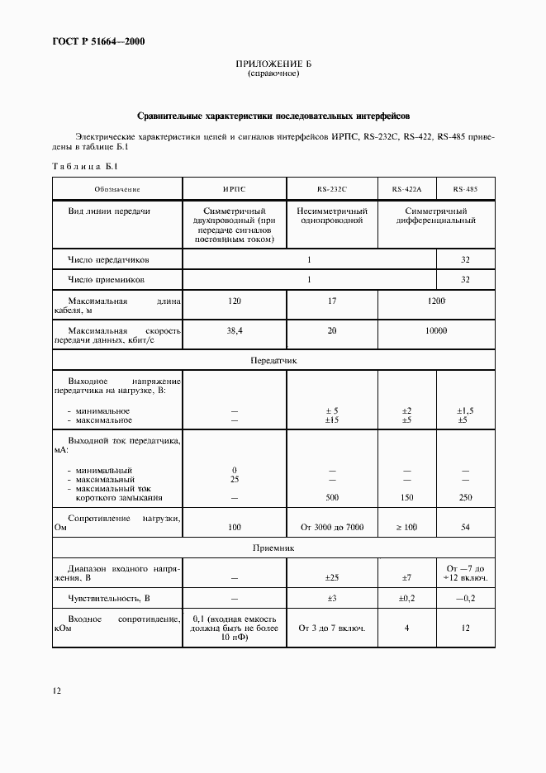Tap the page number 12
(55, 690)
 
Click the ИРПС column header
(234, 189)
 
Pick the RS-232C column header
(331, 189)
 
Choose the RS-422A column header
(406, 189)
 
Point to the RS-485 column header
(464, 189)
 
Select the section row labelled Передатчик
(273, 361)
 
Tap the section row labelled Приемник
(273, 548)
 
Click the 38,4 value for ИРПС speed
(234, 330)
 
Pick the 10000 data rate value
(435, 330)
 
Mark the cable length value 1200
(435, 301)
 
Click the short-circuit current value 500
(331, 498)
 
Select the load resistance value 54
(464, 526)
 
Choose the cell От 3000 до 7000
(331, 526)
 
